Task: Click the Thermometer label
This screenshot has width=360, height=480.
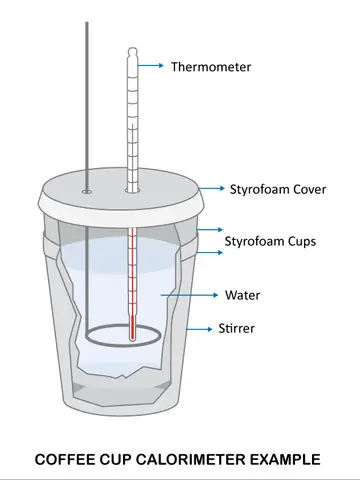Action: tap(211, 67)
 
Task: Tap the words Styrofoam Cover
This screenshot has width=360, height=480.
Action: tap(278, 189)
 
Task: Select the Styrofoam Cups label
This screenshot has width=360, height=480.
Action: tap(270, 241)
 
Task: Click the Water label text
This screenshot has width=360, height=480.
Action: tap(242, 295)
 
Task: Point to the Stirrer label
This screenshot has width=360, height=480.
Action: tap(236, 328)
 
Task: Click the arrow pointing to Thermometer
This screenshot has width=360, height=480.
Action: tap(150, 65)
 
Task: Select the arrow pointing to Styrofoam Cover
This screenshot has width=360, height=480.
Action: tap(212, 188)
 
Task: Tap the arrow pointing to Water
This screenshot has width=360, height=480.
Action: tap(189, 295)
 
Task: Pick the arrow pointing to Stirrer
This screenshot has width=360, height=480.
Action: tap(199, 329)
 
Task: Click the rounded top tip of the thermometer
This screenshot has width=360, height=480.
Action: tap(132, 50)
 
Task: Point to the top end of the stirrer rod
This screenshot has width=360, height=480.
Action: tap(87, 23)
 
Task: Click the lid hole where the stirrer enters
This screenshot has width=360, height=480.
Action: tap(87, 192)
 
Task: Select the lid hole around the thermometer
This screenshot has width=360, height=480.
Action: tap(132, 191)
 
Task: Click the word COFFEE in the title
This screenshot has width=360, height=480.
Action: tap(64, 459)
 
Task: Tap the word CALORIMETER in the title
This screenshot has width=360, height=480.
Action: tap(190, 459)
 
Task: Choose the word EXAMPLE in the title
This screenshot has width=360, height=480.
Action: tap(285, 459)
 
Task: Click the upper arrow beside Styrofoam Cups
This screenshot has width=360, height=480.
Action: tap(209, 230)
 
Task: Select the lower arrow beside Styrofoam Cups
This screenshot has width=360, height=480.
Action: tap(209, 252)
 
